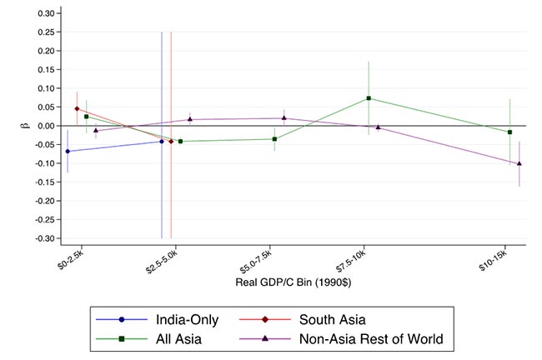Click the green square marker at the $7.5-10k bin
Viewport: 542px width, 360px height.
pyautogui.click(x=369, y=98)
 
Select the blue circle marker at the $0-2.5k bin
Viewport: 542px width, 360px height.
pyautogui.click(x=68, y=151)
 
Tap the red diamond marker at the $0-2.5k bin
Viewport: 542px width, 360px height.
pyautogui.click(x=77, y=108)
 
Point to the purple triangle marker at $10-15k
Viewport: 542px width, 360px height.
pyautogui.click(x=519, y=163)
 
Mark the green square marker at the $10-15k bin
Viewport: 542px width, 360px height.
pyautogui.click(x=509, y=132)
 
